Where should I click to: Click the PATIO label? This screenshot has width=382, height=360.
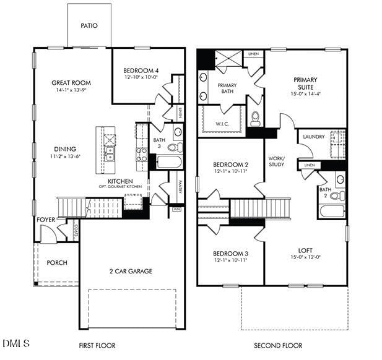pos(89,26)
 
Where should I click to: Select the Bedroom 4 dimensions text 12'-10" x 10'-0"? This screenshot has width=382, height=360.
pos(142,78)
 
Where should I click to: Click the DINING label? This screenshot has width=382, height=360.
pos(64,148)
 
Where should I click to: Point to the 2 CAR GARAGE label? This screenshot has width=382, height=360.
pos(131,271)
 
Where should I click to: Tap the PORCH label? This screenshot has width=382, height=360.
pos(57,263)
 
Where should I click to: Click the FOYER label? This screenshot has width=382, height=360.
pos(46,219)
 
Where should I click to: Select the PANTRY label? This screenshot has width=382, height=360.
pos(180,187)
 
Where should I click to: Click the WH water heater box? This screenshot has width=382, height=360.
pos(176,209)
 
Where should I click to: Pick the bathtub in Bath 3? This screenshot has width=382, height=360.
pos(168,162)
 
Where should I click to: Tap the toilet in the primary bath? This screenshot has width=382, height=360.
pos(254,118)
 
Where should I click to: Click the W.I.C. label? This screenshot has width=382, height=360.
pos(222,124)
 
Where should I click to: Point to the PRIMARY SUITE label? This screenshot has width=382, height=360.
pos(305,84)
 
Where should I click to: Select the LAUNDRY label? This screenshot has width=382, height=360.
pos(314,137)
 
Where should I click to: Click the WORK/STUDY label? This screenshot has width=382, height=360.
pos(276,161)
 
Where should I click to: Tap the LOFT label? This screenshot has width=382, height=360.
pos(305,251)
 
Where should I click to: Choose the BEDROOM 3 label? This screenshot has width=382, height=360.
pos(230,254)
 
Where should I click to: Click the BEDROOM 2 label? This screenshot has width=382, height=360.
pos(230,165)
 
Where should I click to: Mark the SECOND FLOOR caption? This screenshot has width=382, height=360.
pos(278,345)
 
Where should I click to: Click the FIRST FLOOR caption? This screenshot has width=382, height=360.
pos(97,345)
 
